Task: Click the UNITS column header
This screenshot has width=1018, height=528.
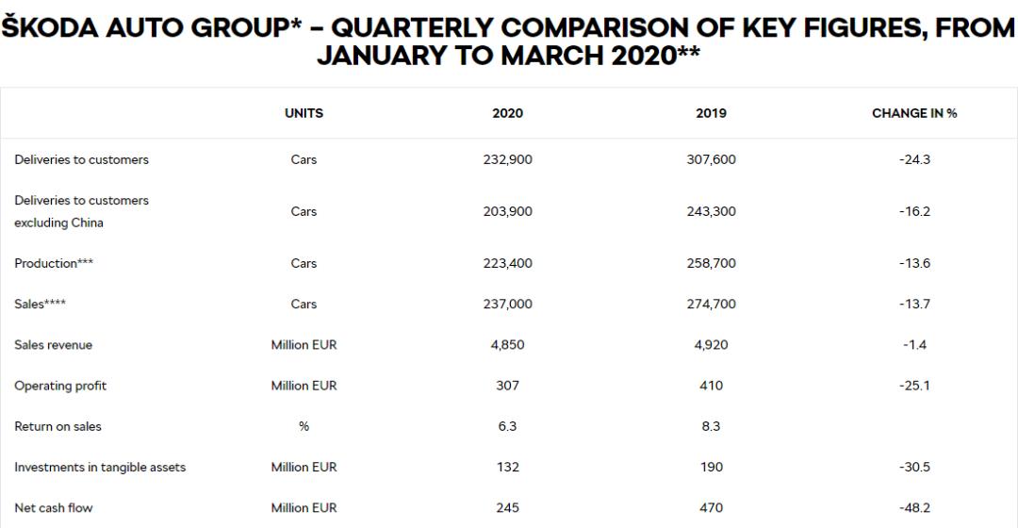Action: pyautogui.click(x=304, y=113)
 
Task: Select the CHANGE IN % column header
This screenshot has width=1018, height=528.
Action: pyautogui.click(x=914, y=113)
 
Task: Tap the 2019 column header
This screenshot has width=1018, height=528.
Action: pyautogui.click(x=711, y=113)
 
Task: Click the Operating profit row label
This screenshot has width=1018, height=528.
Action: pyautogui.click(x=60, y=386)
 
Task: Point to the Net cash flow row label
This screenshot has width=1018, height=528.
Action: pyautogui.click(x=54, y=508)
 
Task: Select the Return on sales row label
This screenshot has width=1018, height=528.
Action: pyautogui.click(x=57, y=426)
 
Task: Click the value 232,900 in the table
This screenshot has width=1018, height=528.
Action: pyautogui.click(x=507, y=160)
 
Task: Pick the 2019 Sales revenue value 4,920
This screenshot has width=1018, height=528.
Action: pyautogui.click(x=711, y=345)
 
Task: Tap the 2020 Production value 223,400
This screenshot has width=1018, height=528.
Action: pyautogui.click(x=507, y=264)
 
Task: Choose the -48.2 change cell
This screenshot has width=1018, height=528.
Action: pyautogui.click(x=914, y=508)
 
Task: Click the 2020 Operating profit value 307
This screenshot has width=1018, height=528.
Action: pyautogui.click(x=507, y=386)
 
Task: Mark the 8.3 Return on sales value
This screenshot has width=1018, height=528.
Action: pyautogui.click(x=711, y=426)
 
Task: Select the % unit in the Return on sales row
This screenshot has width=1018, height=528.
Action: pyautogui.click(x=304, y=426)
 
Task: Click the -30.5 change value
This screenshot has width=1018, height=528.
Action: pyautogui.click(x=914, y=467)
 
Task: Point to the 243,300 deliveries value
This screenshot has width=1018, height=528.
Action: pyautogui.click(x=711, y=212)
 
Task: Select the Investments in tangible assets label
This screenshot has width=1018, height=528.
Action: pyautogui.click(x=100, y=467)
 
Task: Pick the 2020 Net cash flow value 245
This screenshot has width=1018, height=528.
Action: pyautogui.click(x=507, y=508)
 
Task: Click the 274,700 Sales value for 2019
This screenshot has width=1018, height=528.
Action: pyautogui.click(x=711, y=305)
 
